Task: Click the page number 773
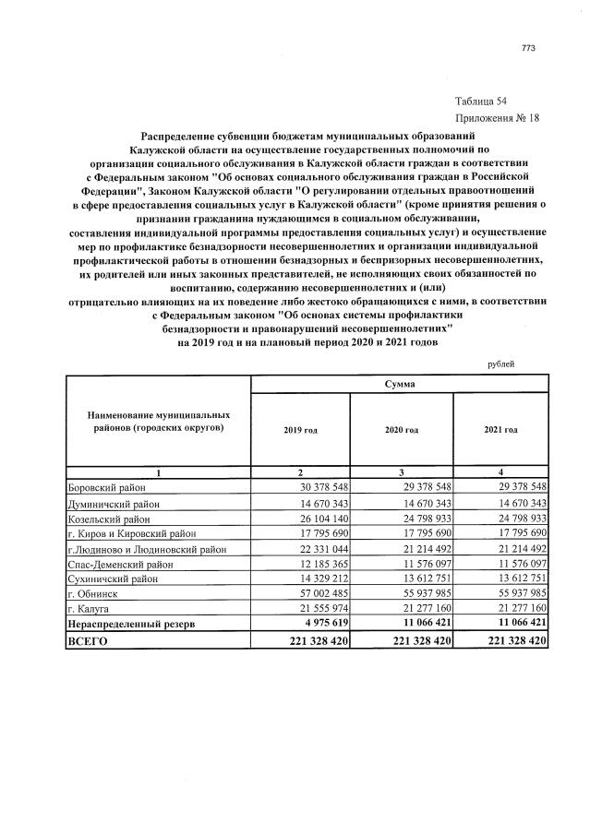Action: (x=528, y=49)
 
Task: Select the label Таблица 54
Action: (x=480, y=100)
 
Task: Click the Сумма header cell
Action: (x=400, y=382)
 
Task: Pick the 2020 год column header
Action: (x=401, y=430)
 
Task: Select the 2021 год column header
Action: (x=500, y=430)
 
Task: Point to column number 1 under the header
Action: (x=158, y=472)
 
